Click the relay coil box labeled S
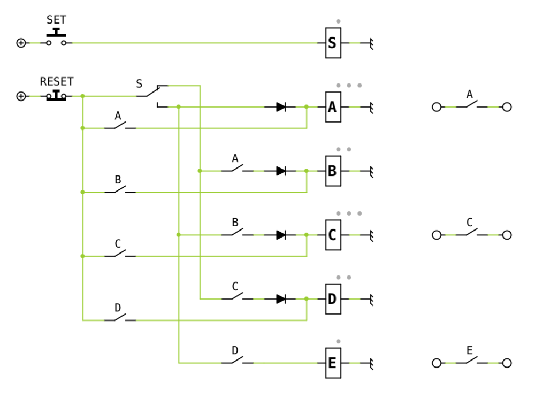pyautogui.click(x=333, y=43)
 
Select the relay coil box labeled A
pyautogui.click(x=333, y=107)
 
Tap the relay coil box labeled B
pyautogui.click(x=333, y=171)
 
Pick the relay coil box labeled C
pyautogui.click(x=333, y=235)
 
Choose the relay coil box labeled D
pyautogui.click(x=333, y=299)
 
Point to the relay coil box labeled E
pyautogui.click(x=333, y=363)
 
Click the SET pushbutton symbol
pyautogui.click(x=56, y=37)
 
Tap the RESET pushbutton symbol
pyautogui.click(x=56, y=96)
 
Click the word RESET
pyautogui.click(x=57, y=82)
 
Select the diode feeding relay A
pyautogui.click(x=281, y=107)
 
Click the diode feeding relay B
pyautogui.click(x=281, y=171)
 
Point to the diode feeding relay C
pyautogui.click(x=281, y=235)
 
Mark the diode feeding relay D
pyautogui.click(x=281, y=299)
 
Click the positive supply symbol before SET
pyautogui.click(x=21, y=43)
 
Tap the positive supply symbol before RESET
pyautogui.click(x=21, y=96)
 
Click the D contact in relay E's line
pyautogui.click(x=238, y=360)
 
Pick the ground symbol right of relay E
pyautogui.click(x=371, y=363)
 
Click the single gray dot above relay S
pyautogui.click(x=338, y=21)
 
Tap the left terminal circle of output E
pyautogui.click(x=437, y=363)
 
